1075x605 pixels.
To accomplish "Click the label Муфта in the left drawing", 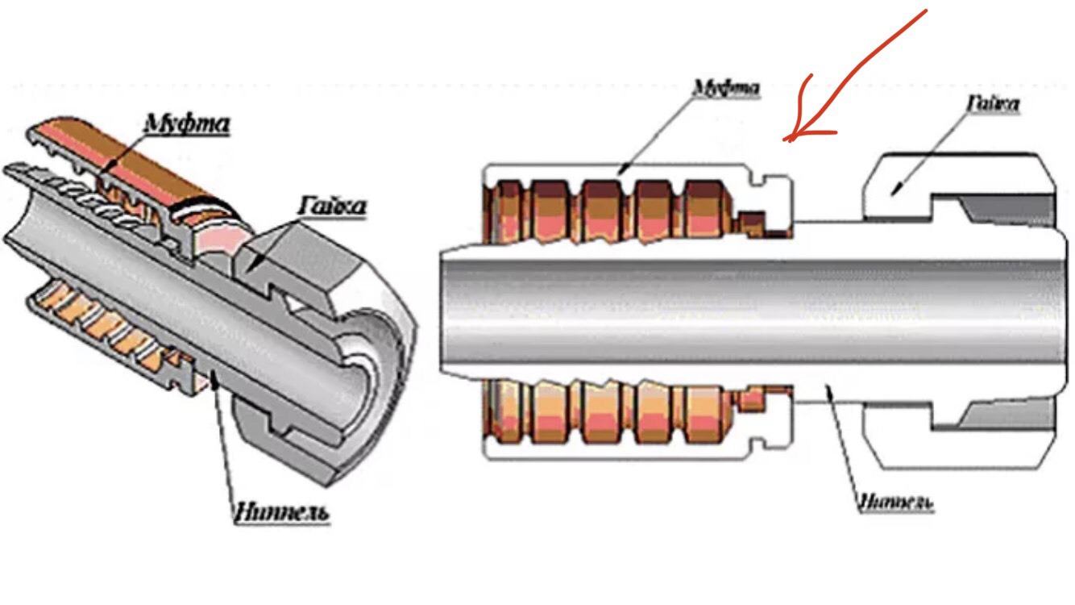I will (187, 124).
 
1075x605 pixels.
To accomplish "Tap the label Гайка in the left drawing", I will (332, 207).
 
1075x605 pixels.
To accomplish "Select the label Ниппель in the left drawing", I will (281, 513).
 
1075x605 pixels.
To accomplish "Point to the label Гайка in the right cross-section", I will (992, 104).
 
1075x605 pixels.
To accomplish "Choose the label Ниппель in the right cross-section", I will (894, 503).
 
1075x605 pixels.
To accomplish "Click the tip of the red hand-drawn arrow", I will (787, 140).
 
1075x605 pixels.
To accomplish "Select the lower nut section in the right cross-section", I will (959, 436).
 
